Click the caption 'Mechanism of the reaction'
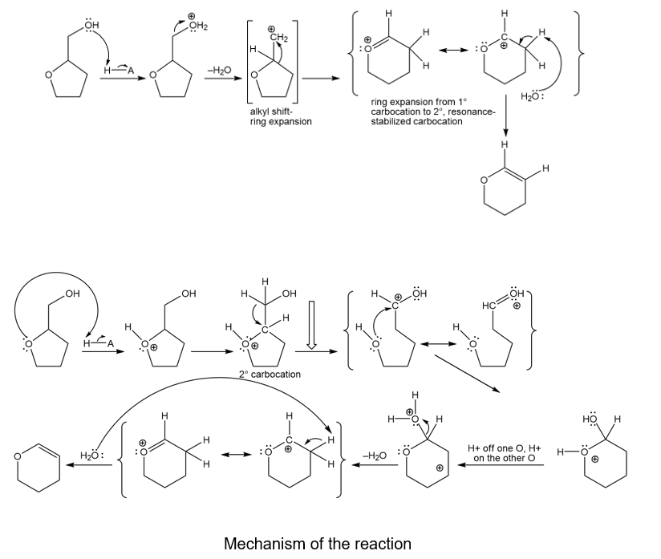click(x=317, y=543)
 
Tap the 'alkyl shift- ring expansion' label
click(x=281, y=116)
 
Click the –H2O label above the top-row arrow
click(x=218, y=71)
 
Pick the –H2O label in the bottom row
click(x=375, y=456)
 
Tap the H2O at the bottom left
click(x=93, y=455)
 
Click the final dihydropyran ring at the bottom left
click(x=33, y=463)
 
